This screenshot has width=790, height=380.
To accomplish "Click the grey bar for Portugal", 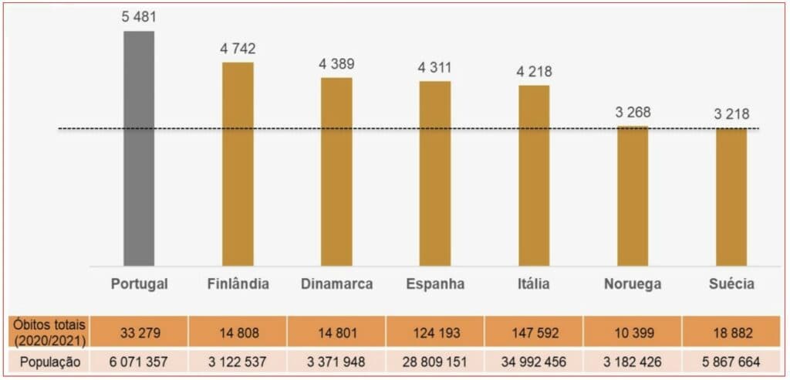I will (139, 148).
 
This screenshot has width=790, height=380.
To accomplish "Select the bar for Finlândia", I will (238, 164).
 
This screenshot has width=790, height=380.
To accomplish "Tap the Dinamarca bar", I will (336, 171).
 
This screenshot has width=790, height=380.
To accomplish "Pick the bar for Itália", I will (534, 175).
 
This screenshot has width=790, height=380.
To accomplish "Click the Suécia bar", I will (731, 196).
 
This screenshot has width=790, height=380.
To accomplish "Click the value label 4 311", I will (435, 67).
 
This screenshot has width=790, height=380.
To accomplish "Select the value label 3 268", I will (633, 112).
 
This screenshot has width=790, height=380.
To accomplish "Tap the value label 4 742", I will (238, 49).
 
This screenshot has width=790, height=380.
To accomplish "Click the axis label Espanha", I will (435, 284).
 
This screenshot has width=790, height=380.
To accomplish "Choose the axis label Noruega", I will (633, 284).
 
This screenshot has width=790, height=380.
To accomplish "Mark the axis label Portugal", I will (139, 284).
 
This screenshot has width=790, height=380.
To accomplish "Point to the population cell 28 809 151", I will (435, 361).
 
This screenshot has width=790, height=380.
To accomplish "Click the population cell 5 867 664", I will (731, 361).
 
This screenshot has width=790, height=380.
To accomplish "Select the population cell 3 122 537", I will (238, 361).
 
